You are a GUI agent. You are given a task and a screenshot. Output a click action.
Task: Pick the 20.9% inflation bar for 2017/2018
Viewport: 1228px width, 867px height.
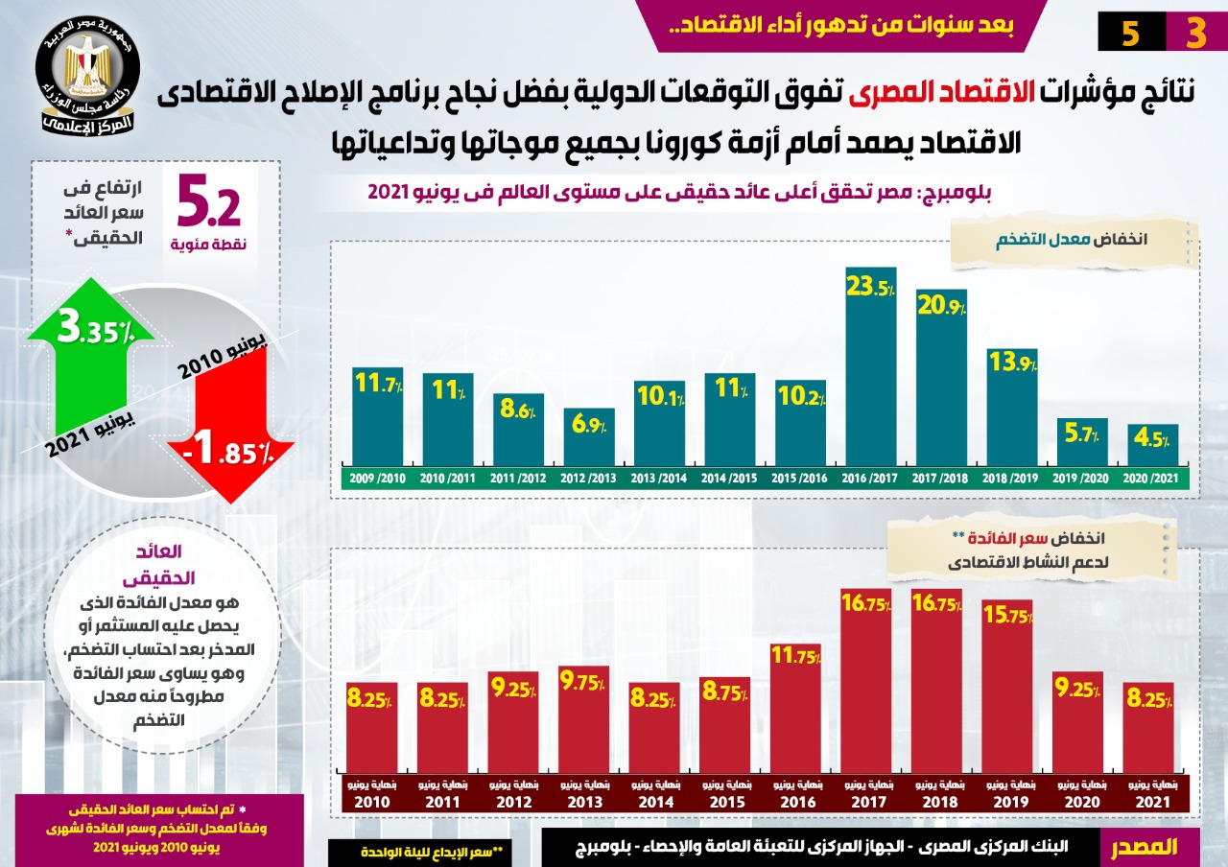pos(941,384)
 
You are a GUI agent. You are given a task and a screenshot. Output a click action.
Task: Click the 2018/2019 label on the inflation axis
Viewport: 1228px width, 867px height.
pos(1012,478)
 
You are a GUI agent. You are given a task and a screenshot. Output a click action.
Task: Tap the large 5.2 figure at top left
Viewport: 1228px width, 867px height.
pos(209,204)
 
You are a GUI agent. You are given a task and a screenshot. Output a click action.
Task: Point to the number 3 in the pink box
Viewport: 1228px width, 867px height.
pos(1195,34)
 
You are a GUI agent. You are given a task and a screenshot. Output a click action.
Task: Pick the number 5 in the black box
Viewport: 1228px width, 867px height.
pos(1130,34)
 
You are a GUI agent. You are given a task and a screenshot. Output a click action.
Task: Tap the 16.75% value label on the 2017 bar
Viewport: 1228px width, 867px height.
pos(865,604)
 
